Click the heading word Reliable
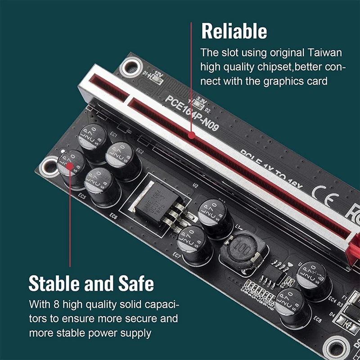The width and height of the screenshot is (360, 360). tap(234, 31)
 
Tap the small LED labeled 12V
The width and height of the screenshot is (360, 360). tap(156, 79)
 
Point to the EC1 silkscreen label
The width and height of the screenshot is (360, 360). tap(113, 135)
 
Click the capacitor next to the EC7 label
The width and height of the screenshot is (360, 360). tap(194, 244)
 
